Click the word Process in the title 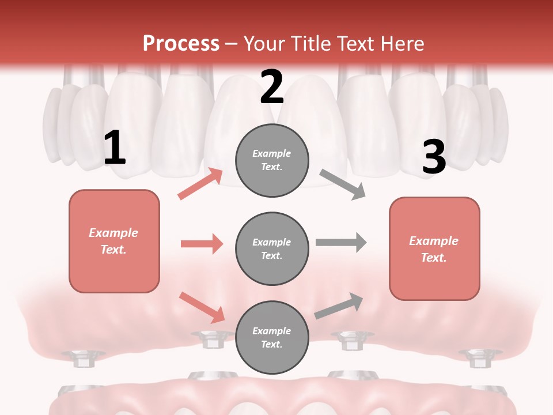coord(181,43)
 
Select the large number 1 coord(115,148)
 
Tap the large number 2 coord(272,87)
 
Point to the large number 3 coord(434,157)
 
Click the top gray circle coord(272,160)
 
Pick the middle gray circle coord(272,249)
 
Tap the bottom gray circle coord(272,338)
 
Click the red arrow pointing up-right coord(200,184)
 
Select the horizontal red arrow coord(202,244)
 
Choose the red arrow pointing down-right coord(202,307)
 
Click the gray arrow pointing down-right coord(342,184)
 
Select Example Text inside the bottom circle coord(272,338)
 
